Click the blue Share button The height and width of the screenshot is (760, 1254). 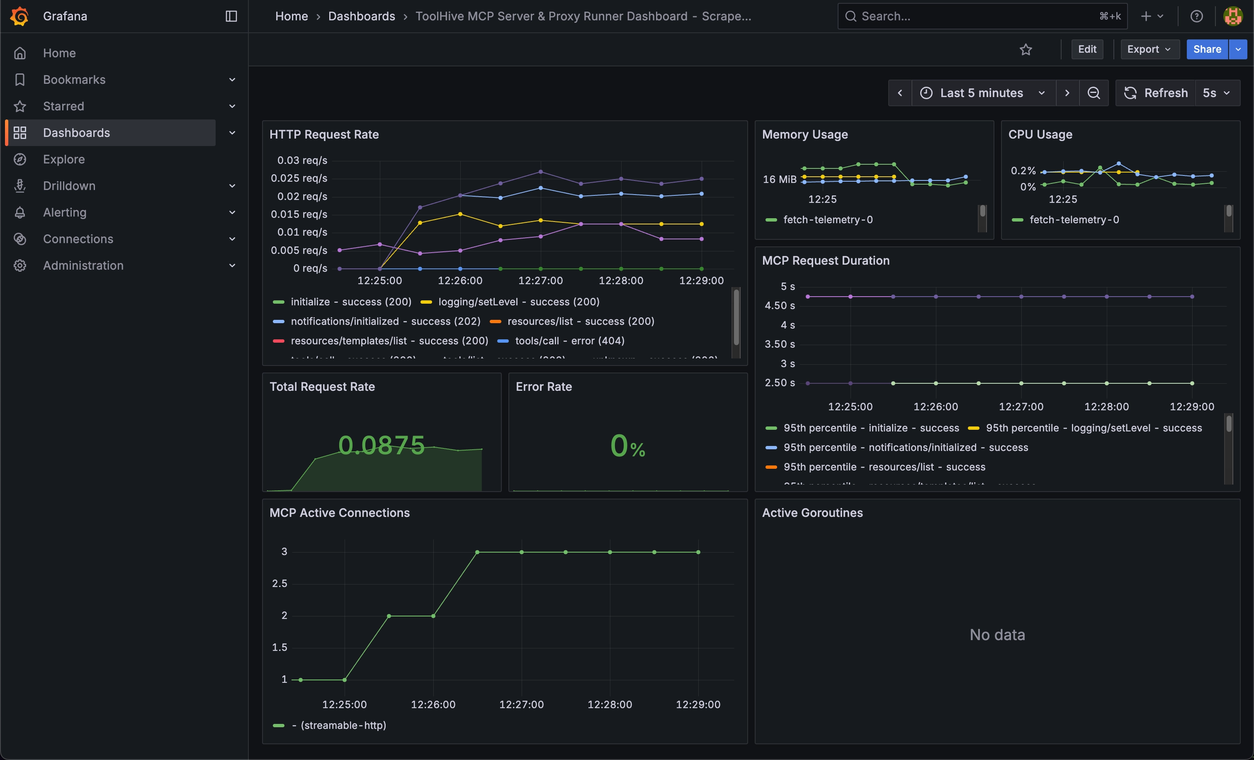pos(1207,49)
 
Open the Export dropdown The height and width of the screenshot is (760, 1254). pos(1149,49)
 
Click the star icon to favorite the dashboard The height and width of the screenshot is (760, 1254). pos(1026,49)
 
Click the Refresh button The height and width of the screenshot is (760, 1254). pos(1156,93)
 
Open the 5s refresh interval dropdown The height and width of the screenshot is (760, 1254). pos(1216,93)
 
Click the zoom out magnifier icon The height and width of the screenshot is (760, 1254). pos(1093,93)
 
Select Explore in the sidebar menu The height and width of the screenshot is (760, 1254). pos(63,159)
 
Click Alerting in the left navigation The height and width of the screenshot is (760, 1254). pos(65,212)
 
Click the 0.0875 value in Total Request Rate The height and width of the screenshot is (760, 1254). pos(381,446)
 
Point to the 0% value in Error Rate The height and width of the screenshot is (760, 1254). pos(627,446)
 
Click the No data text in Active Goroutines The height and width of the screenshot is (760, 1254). pos(997,635)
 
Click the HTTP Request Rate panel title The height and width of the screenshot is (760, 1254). pos(324,134)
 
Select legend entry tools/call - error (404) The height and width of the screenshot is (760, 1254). pos(569,341)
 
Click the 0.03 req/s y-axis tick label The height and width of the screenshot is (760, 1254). pos(302,161)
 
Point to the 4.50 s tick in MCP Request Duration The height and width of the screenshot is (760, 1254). pos(779,305)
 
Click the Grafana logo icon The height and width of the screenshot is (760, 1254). pos(19,16)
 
